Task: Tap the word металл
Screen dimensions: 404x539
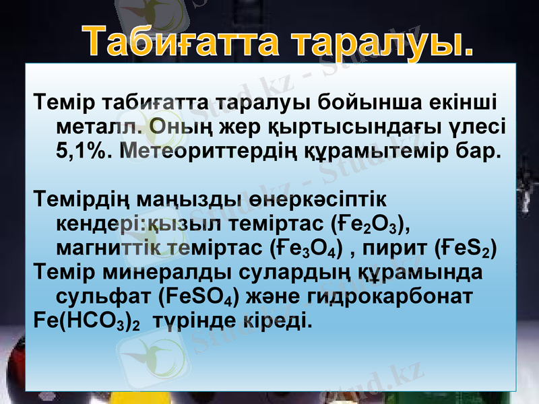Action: pyautogui.click(x=93, y=126)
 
